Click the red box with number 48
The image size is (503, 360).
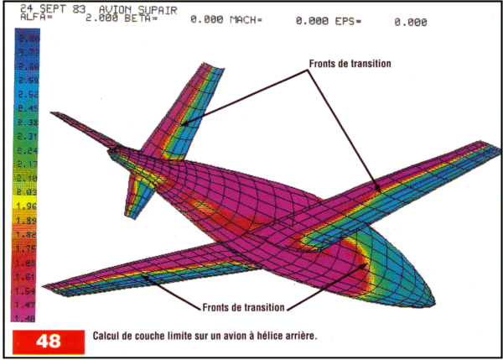click(49, 342)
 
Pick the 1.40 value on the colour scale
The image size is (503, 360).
click(28, 319)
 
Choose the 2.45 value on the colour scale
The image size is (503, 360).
click(28, 108)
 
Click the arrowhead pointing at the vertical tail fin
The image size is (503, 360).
click(179, 125)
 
